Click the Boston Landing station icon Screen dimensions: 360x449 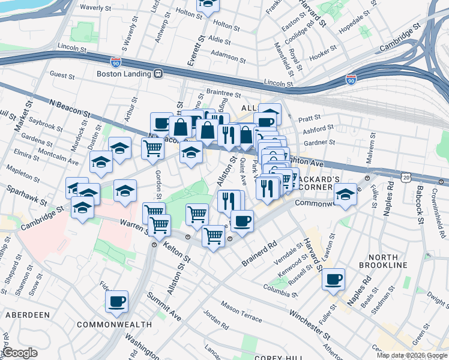[158, 74]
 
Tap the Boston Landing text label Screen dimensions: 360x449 [124, 74]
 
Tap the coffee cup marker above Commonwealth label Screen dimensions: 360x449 [116, 301]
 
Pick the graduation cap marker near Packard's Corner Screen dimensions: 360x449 [345, 195]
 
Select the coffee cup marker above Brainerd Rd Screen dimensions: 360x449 [242, 220]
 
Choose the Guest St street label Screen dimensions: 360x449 [62, 76]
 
